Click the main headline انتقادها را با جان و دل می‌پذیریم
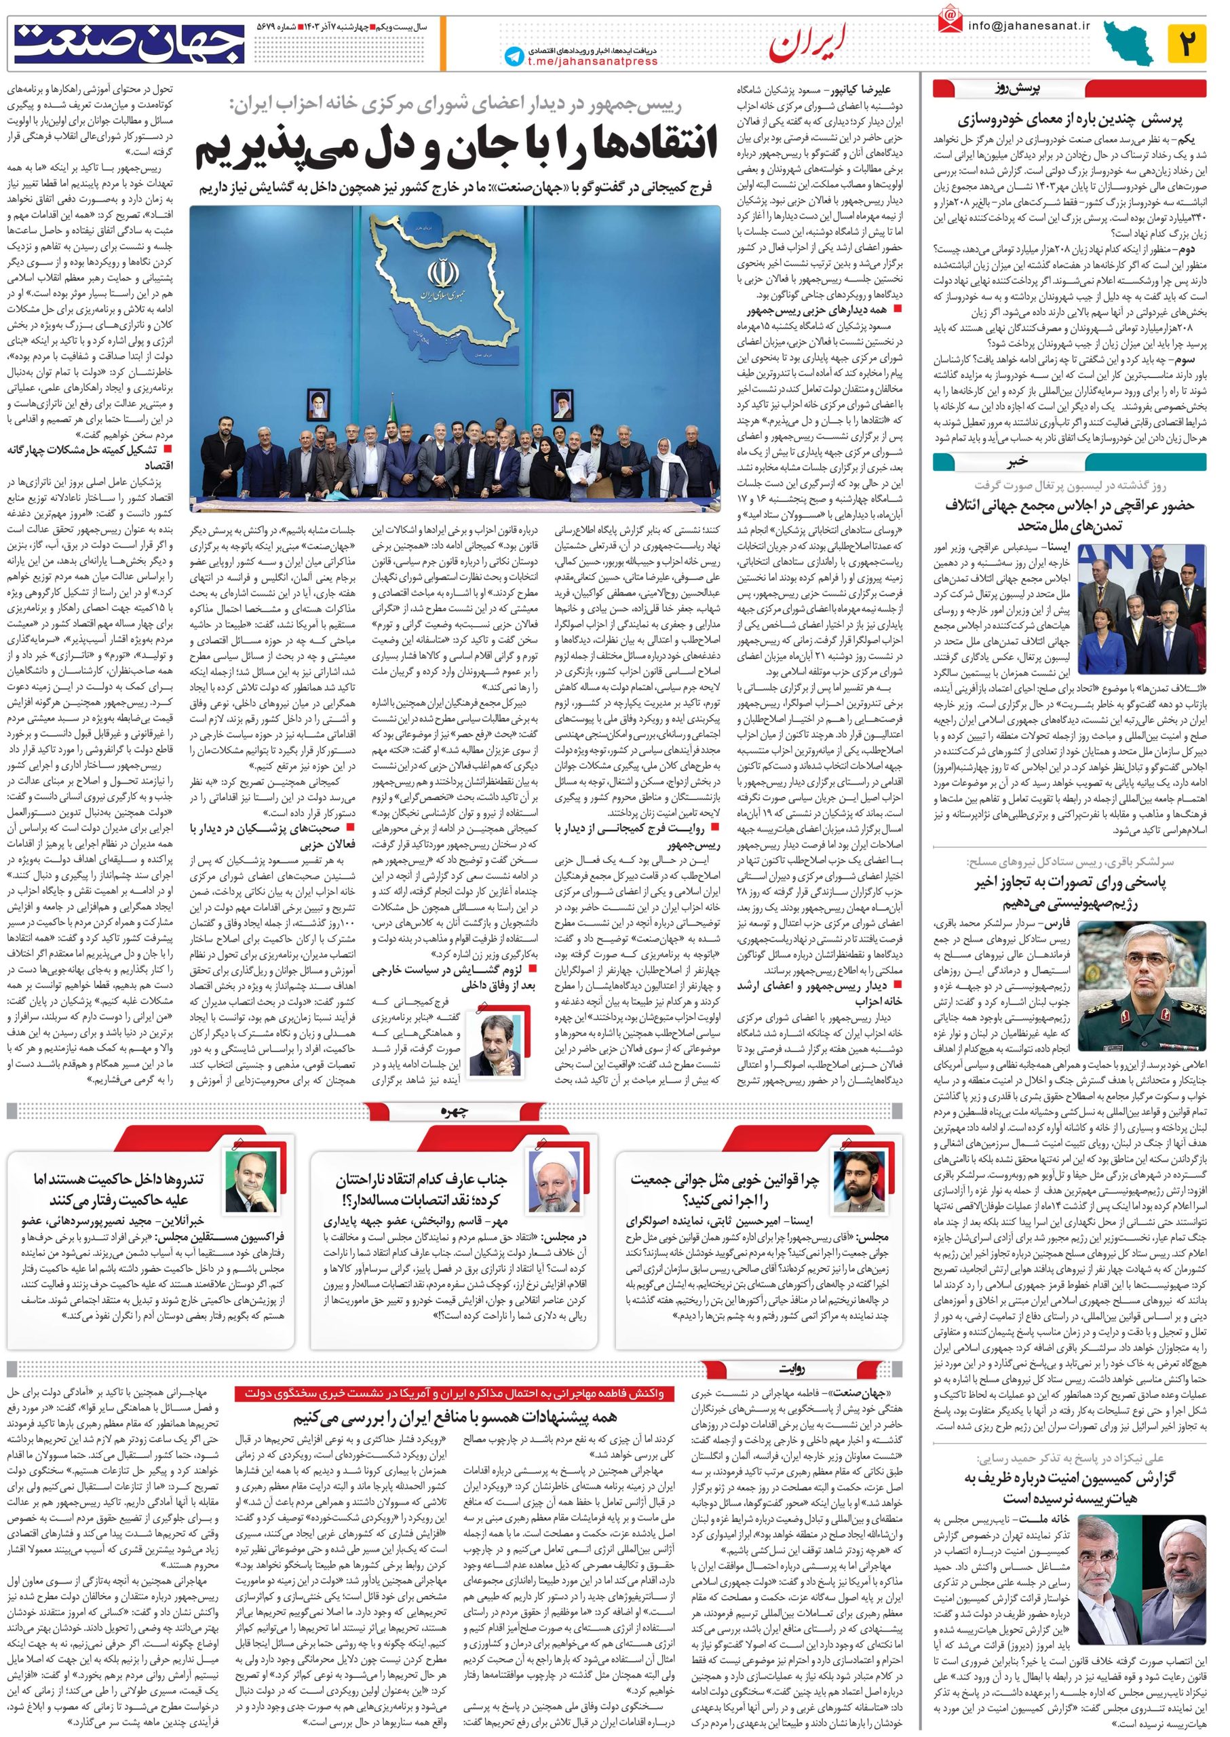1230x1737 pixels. click(x=456, y=149)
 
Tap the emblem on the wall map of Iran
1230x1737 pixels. click(x=440, y=273)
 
